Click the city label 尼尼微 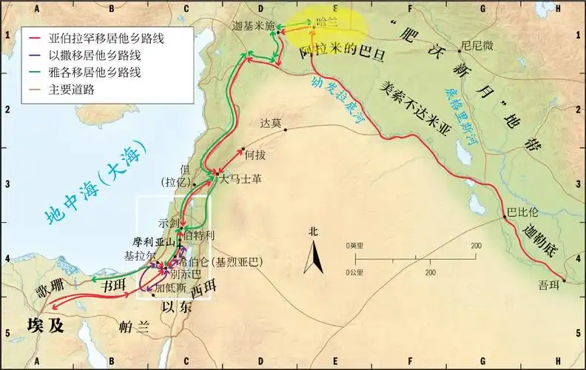click(x=476, y=44)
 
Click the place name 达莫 click(x=272, y=123)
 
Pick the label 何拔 click(x=255, y=155)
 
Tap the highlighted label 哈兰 click(x=326, y=24)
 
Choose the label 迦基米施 click(x=253, y=25)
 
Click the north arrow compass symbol click(x=314, y=257)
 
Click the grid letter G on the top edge click(x=482, y=6)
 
